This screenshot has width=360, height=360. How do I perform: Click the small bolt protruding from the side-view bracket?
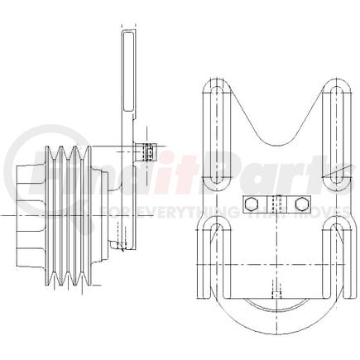(148, 152)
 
